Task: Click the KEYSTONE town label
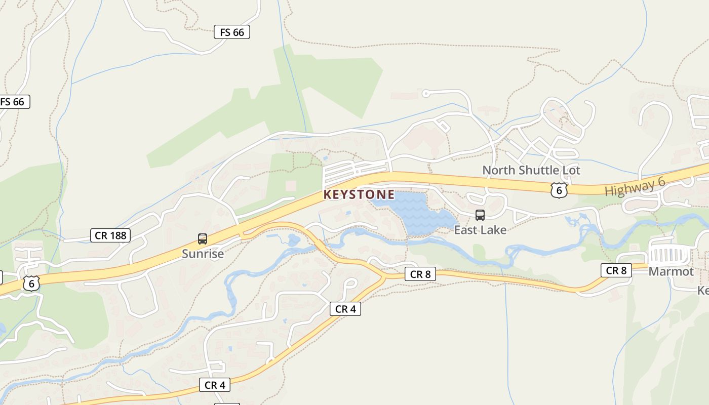coord(359,194)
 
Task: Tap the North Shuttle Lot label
coord(531,170)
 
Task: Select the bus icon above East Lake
coord(480,215)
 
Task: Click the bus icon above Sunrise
coord(203,239)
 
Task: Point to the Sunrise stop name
coord(203,254)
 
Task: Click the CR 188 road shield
coord(110,235)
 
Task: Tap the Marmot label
coord(671,271)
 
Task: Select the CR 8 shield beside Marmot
coord(616,270)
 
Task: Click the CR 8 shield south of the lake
coord(420,274)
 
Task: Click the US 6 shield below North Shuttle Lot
coord(559,190)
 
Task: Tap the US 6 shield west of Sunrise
coord(31,283)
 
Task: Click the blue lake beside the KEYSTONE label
coord(415,213)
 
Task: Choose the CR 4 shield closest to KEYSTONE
coord(345,309)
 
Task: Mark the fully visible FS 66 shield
coord(232,32)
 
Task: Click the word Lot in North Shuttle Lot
coord(571,170)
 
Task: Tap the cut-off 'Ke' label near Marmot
coord(703,291)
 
